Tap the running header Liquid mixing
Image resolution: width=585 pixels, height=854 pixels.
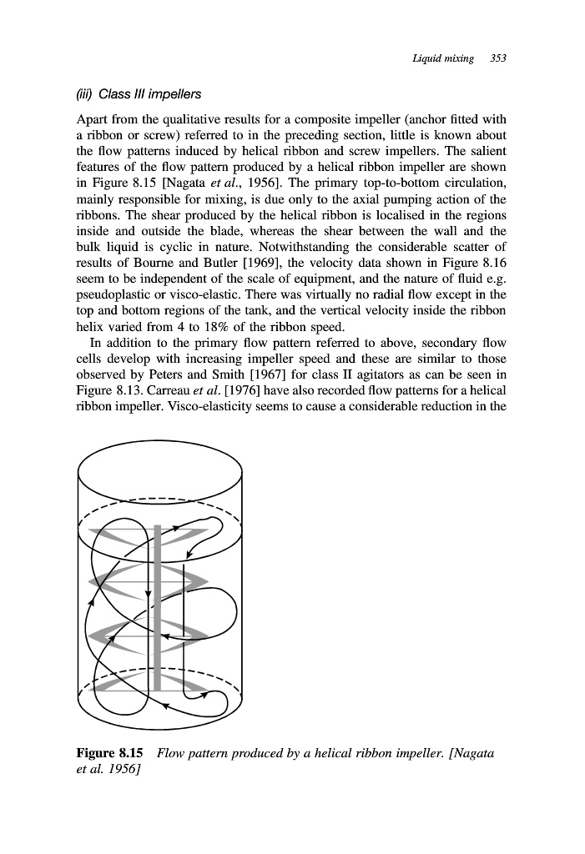[442, 58]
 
